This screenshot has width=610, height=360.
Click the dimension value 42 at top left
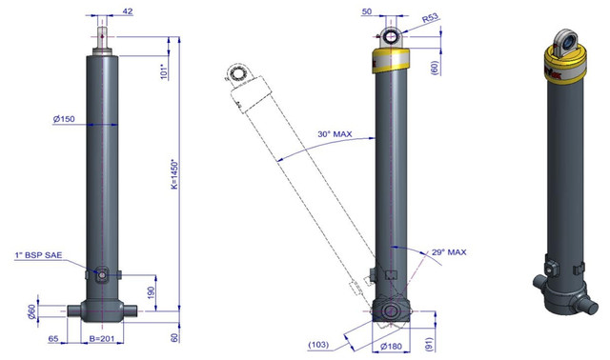[x=128, y=11]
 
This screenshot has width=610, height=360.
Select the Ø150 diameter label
[x=64, y=119]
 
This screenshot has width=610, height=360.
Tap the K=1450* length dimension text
[x=174, y=173]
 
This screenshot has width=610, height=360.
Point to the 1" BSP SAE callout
[x=38, y=255]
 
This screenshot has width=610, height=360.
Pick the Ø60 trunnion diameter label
[x=31, y=311]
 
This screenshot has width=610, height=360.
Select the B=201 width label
[x=102, y=339]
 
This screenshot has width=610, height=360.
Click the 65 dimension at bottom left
[x=53, y=339]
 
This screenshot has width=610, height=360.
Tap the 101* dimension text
[x=164, y=71]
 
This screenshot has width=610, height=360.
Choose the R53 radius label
[x=430, y=18]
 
